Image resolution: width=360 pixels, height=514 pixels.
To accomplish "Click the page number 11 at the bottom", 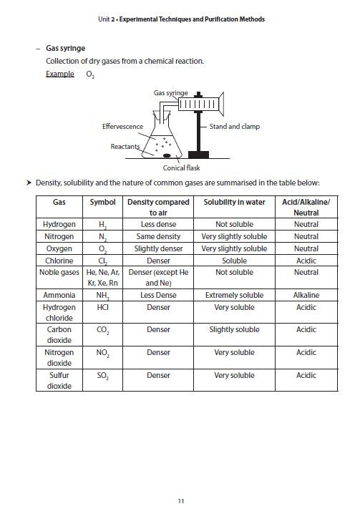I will [x=180, y=500].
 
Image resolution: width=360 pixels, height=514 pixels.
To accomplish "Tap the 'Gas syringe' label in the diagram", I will [x=170, y=93].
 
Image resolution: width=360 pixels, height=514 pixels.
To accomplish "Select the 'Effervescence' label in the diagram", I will [x=122, y=126].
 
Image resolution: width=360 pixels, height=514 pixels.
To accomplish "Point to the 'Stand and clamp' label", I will [x=234, y=126].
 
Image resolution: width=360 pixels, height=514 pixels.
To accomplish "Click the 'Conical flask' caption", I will [x=181, y=168].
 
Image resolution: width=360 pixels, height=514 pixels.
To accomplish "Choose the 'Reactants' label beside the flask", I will [x=125, y=146].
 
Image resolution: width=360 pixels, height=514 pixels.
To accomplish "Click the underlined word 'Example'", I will [x=59, y=74].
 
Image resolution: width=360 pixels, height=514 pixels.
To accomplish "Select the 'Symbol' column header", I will [x=102, y=202].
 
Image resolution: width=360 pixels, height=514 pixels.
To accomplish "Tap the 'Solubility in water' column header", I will [x=234, y=202].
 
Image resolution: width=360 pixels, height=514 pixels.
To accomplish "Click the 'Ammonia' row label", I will [x=59, y=295].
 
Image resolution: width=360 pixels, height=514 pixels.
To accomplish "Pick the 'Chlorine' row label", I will [x=59, y=261].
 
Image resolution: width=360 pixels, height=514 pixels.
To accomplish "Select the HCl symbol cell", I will [x=102, y=307].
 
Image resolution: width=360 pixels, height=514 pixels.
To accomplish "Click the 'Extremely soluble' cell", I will [x=234, y=295].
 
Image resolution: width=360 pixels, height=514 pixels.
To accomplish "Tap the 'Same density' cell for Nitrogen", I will [x=158, y=236].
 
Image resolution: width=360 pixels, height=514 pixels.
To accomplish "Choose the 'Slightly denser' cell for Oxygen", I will [x=158, y=248].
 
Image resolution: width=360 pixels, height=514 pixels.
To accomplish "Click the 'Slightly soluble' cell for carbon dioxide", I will [x=234, y=329].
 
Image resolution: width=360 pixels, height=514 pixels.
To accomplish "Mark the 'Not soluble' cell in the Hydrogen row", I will [x=234, y=224].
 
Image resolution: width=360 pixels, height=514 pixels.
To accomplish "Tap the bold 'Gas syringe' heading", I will [x=65, y=49].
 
